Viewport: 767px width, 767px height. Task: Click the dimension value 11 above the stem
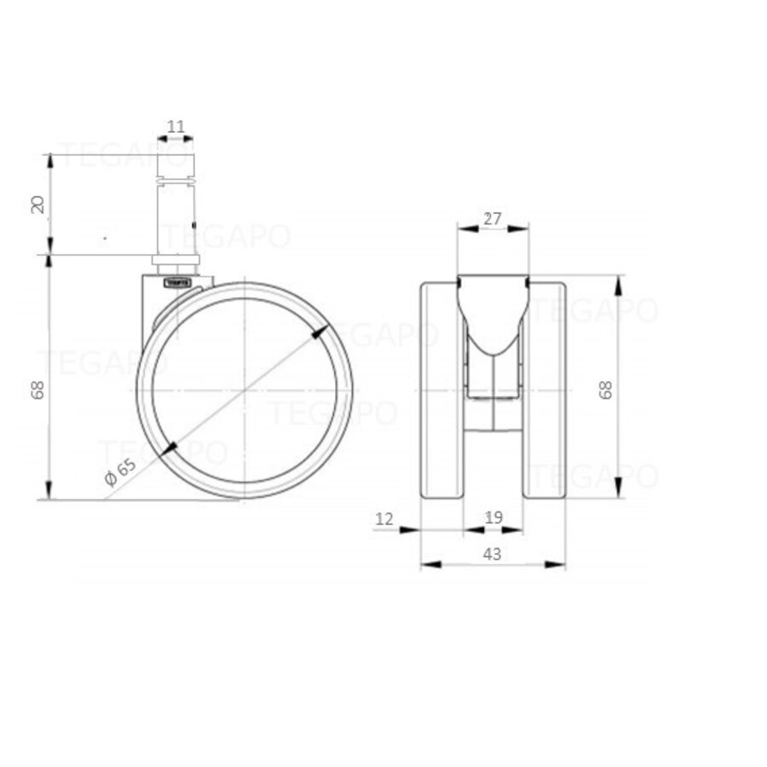click(176, 127)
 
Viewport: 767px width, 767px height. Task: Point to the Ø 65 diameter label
click(120, 471)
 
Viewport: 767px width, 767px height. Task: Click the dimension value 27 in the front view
click(492, 218)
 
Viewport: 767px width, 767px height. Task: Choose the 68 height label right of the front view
click(606, 389)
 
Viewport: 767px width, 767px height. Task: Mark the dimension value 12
click(383, 518)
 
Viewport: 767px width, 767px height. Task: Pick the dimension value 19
click(493, 518)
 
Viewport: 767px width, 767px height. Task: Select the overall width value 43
click(492, 553)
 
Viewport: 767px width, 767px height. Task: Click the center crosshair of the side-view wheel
click(245, 389)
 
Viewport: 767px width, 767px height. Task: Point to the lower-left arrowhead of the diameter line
click(170, 447)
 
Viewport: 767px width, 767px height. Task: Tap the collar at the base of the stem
click(176, 260)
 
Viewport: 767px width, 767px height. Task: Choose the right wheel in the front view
click(546, 389)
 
